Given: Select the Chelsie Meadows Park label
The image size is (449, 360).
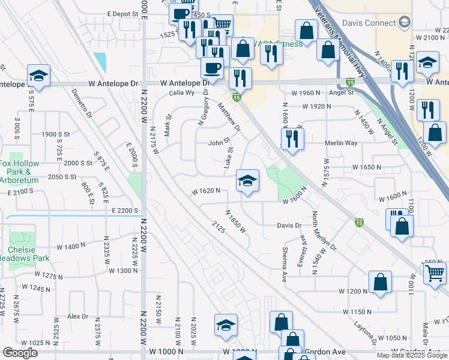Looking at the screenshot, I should pos(22,254).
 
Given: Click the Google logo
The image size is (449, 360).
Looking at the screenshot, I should pos(20,353).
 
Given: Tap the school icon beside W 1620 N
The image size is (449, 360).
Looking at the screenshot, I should pos(247,181).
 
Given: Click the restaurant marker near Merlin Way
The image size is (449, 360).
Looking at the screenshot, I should pos(292,139).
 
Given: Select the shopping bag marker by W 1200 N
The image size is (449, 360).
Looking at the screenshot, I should pos(380,281).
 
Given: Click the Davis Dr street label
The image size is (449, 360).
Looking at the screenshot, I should pos(288,226).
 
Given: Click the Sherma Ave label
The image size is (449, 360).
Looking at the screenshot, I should pos(285,266).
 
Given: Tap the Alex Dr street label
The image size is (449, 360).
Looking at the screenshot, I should pos(77,316).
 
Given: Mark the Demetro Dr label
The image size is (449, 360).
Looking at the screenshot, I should pos(80,103).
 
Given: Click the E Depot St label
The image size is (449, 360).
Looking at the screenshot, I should pos(123,13).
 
